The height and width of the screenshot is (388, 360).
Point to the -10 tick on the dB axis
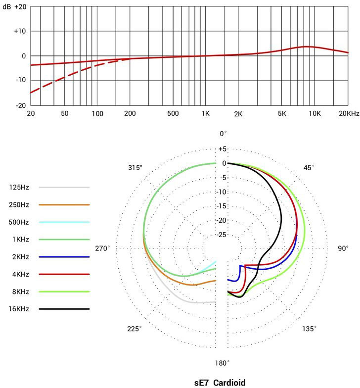[x=19, y=81]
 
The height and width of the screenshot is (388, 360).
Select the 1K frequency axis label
[x=205, y=114]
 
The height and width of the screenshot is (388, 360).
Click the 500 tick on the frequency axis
[x=173, y=114]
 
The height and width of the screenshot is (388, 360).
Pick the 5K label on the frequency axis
[x=282, y=114]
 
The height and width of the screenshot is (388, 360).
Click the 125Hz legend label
[x=19, y=188]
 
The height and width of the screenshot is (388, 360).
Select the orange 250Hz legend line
[x=64, y=204]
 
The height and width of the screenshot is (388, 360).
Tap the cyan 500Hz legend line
[x=64, y=222]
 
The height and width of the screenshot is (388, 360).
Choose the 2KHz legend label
[x=19, y=257]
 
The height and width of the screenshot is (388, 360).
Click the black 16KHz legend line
[x=64, y=309]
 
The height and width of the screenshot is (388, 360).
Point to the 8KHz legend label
[x=19, y=291]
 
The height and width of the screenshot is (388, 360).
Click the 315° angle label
[x=135, y=168]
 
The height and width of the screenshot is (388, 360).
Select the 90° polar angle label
[x=343, y=248]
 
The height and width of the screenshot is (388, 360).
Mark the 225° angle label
[x=134, y=329]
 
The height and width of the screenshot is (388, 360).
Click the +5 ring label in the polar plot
[x=223, y=149]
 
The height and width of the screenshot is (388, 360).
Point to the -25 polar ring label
[x=223, y=234]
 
